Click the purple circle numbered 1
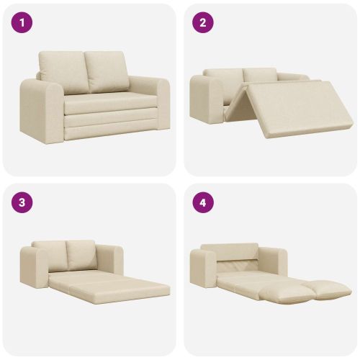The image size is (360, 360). [x=22, y=23]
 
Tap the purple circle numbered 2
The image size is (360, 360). [x=203, y=23]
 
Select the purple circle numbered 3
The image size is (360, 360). [x=22, y=202]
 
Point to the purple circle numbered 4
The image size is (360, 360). [x=203, y=202]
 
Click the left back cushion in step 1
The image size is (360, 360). [x=64, y=72]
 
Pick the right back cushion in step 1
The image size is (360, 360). [x=107, y=71]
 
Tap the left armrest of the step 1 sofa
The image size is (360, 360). [x=42, y=110]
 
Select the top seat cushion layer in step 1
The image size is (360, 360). [x=111, y=104]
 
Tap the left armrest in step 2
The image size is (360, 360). [x=207, y=99]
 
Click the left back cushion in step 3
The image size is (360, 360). [x=51, y=253]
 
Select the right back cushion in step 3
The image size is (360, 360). [x=81, y=254]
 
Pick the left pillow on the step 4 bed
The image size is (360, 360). [x=283, y=293]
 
